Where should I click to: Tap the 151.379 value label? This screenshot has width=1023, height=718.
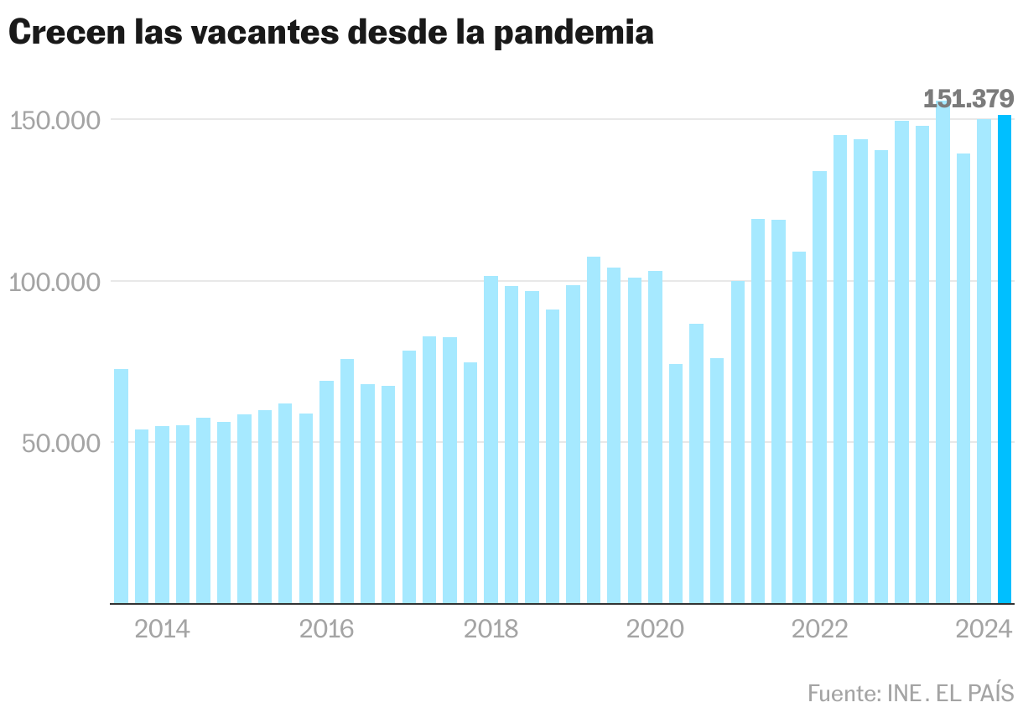tap(968, 99)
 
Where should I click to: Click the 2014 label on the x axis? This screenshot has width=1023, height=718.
tap(162, 629)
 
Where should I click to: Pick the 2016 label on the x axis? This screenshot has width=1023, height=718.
tap(327, 629)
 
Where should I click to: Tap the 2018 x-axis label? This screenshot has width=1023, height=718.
tap(491, 629)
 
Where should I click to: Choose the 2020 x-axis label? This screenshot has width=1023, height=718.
tap(655, 629)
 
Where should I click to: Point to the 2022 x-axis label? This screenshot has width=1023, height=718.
tap(819, 629)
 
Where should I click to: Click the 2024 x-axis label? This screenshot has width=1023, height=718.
tap(984, 629)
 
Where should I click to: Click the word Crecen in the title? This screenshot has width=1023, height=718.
tap(62, 34)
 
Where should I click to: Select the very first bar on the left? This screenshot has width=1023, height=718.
tap(121, 486)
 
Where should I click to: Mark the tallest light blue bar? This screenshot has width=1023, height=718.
tap(943, 352)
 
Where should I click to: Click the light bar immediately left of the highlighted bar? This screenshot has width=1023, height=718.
tap(984, 361)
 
